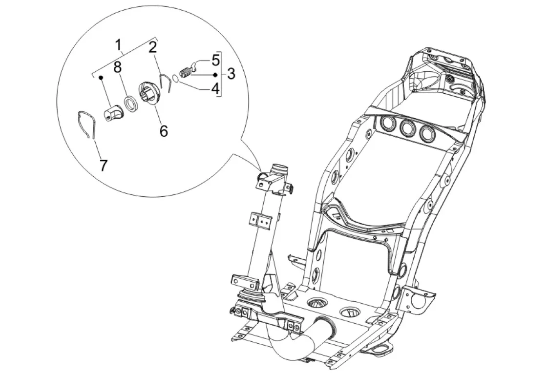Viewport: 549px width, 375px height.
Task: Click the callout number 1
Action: [118, 45]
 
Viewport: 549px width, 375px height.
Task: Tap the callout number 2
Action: [153, 47]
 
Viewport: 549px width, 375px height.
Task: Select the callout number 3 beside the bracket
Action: [231, 74]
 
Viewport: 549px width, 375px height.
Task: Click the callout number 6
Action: [164, 130]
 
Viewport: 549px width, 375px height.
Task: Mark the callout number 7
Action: [103, 165]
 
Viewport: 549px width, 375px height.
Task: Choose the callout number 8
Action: [117, 67]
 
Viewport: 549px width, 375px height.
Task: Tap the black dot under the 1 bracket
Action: [101, 78]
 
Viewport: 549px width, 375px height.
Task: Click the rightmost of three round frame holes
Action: [427, 133]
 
